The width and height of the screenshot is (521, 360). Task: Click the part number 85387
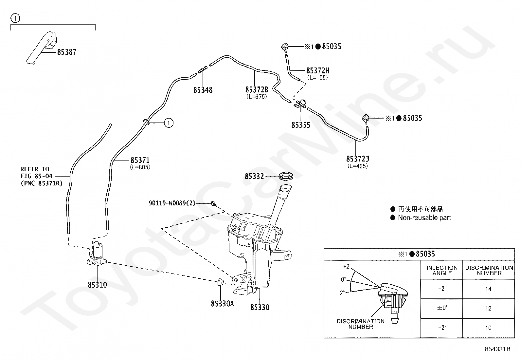click(67, 52)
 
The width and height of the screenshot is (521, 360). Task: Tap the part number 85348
click(203, 90)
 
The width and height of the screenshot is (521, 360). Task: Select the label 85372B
click(257, 90)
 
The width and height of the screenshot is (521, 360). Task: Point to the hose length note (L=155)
click(317, 78)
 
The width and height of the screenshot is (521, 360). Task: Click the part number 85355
click(301, 125)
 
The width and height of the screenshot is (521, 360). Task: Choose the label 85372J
click(357, 159)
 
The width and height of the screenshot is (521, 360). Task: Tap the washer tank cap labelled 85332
click(286, 176)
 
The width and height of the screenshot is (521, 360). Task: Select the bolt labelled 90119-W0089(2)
click(214, 204)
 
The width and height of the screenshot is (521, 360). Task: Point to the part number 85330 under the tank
click(260, 307)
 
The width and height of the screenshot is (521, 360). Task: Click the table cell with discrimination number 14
click(488, 289)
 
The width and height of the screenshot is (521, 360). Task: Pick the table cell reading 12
click(488, 308)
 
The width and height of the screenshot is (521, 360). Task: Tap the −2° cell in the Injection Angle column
click(442, 328)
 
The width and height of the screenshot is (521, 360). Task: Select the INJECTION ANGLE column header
click(442, 270)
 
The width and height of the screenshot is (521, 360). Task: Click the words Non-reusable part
click(424, 218)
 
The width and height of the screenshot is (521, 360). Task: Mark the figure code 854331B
click(498, 349)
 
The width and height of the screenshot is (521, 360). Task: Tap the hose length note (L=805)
click(140, 167)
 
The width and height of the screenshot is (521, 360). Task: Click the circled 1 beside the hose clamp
click(169, 123)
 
